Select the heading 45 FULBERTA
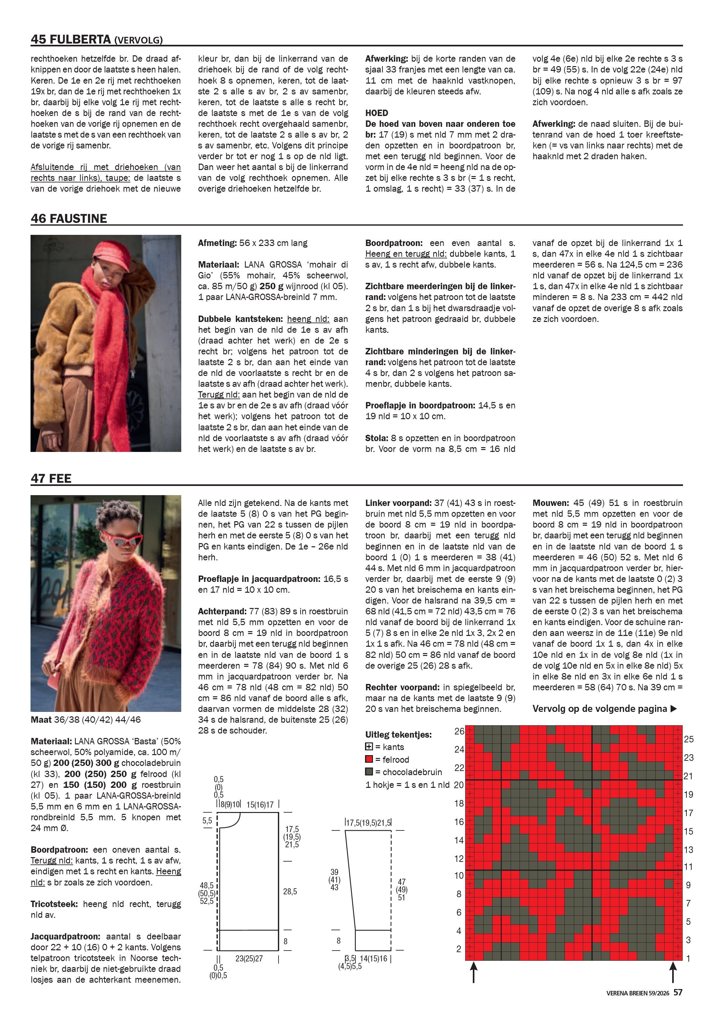71,39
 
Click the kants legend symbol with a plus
369,747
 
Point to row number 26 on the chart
459,731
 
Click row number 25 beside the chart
689,739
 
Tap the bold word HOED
377,113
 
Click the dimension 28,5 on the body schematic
290,891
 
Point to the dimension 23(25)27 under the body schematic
249,959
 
